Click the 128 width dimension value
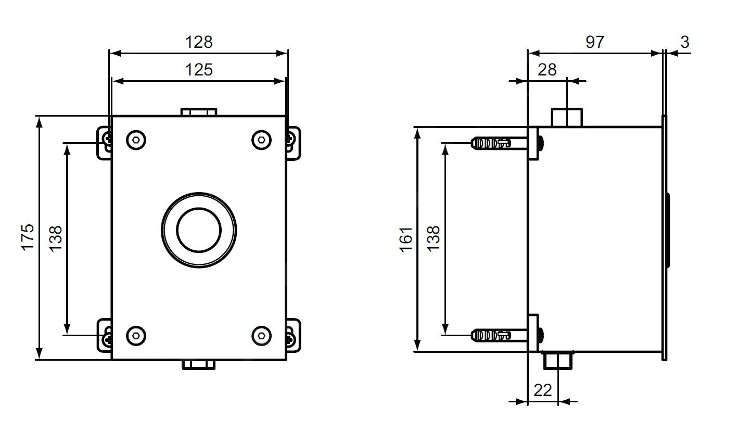(199, 42)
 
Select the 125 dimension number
(199, 70)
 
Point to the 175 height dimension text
(28, 237)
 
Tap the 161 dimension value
(406, 239)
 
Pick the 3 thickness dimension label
(685, 42)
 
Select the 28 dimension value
(547, 70)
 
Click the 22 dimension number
(542, 390)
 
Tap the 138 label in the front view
(56, 238)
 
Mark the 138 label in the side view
(433, 238)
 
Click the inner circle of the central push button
(199, 229)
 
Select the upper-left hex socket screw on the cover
(136, 139)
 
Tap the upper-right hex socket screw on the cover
(262, 139)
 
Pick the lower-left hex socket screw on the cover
(136, 335)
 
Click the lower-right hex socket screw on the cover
(262, 335)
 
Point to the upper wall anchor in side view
(492, 143)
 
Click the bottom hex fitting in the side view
(558, 360)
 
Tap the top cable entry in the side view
(567, 117)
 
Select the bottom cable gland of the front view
(199, 364)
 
